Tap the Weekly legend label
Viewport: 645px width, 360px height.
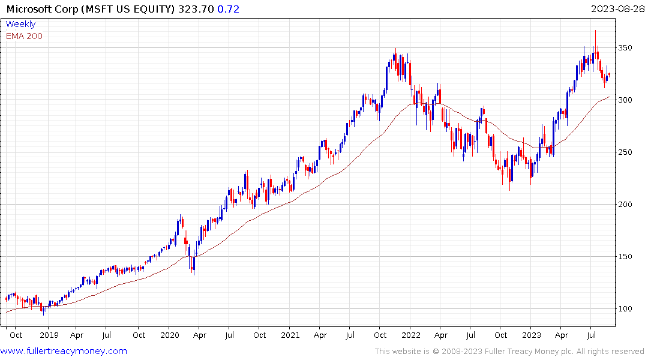tap(20, 24)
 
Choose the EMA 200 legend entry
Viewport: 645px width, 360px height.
tap(24, 36)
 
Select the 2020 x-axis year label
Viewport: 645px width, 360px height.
tap(170, 335)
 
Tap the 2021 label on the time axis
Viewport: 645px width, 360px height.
tap(290, 335)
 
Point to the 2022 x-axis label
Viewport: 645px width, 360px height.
tap(411, 335)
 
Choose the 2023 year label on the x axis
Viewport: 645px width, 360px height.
tap(532, 335)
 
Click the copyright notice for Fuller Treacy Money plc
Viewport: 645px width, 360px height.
tap(509, 351)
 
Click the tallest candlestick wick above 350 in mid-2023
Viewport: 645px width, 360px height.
tap(595, 36)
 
